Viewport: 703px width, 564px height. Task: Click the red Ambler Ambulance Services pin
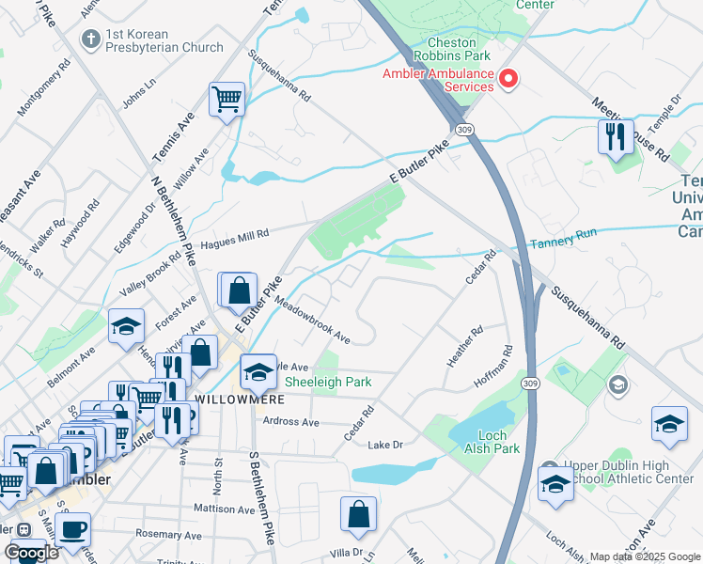pos(508,78)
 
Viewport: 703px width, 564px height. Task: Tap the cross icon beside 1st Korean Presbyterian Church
pos(91,39)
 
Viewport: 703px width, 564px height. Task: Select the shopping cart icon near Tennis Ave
pos(227,99)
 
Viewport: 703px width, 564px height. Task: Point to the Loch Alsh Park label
pos(492,442)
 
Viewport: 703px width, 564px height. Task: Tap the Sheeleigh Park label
pos(328,382)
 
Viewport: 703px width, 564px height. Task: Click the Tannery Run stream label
pos(564,244)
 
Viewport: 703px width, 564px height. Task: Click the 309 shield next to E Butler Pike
pos(462,128)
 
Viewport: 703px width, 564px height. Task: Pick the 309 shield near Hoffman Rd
pos(531,383)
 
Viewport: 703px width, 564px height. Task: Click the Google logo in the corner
pos(30,553)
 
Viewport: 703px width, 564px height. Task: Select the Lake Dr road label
pos(385,445)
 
